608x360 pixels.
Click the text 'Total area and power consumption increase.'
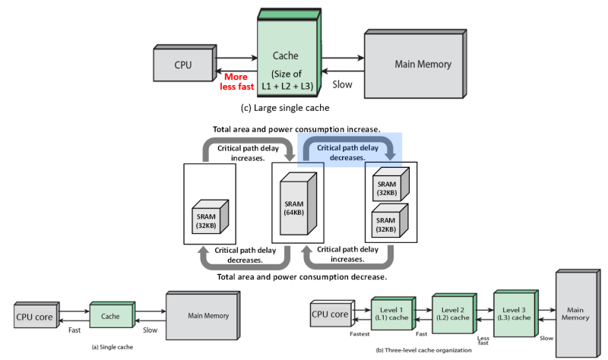pos(297,130)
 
